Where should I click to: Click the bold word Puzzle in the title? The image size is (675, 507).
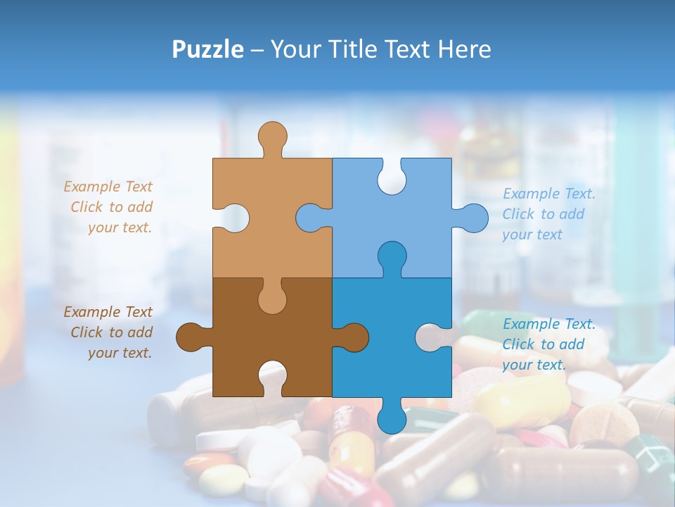coord(207,49)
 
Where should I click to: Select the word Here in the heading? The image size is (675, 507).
coord(463,49)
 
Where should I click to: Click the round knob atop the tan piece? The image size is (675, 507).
coord(273,135)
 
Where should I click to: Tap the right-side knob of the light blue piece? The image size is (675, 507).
coord(473,218)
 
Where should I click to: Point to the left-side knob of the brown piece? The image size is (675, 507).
coord(191,337)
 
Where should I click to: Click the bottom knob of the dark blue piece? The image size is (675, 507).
coord(392,418)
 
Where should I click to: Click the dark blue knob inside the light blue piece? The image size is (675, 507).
coord(392,255)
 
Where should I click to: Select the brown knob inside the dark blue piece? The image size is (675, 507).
coord(354,337)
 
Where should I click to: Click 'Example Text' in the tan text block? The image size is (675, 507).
coord(108,187)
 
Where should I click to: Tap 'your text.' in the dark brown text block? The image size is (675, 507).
coord(120,353)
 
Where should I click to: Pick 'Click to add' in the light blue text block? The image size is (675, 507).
coord(543,214)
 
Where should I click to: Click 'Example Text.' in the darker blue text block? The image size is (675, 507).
coord(549,324)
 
